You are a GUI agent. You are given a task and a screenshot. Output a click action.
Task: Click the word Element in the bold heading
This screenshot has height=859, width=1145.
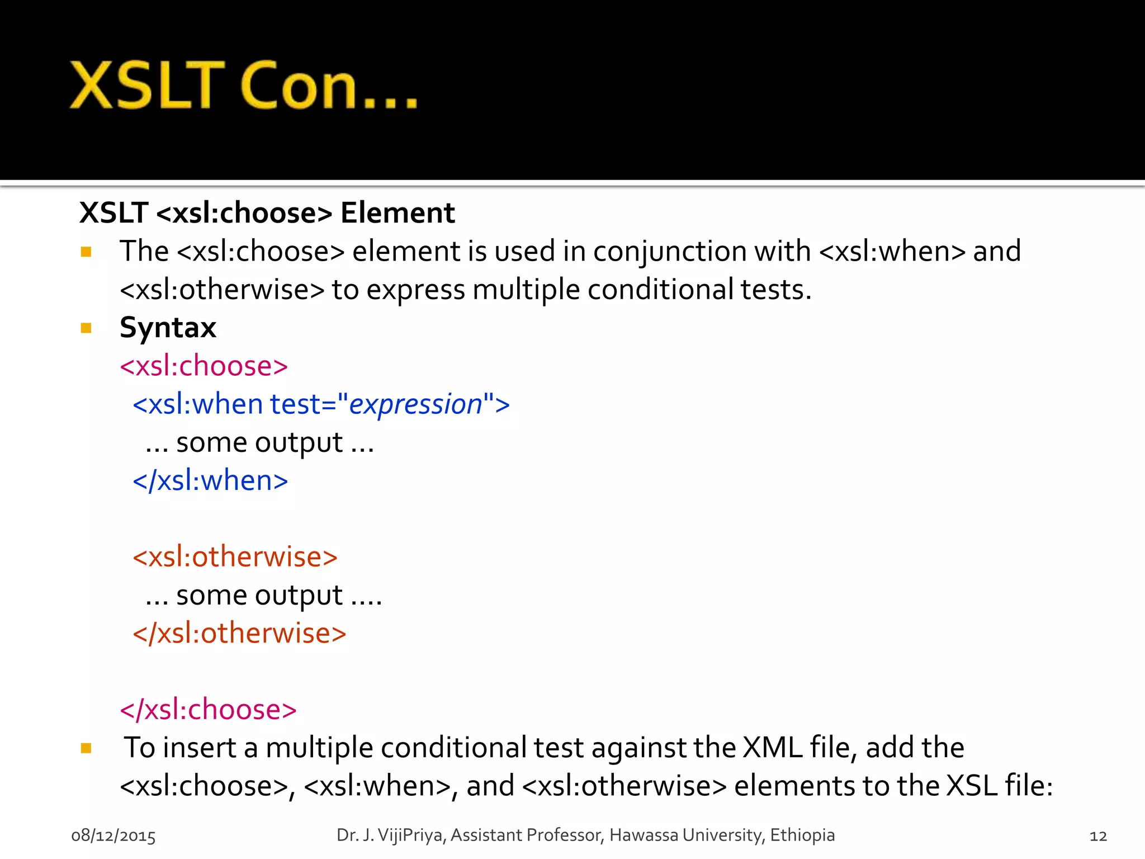pos(398,213)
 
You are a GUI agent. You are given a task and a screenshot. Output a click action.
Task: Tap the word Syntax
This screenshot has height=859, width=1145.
pos(168,328)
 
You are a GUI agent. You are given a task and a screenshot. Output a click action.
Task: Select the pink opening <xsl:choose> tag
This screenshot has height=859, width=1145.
pos(204,366)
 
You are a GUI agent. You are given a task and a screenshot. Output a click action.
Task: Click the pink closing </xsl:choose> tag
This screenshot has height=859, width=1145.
pos(208,710)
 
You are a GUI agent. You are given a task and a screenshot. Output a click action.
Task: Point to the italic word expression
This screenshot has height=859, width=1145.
pos(415,404)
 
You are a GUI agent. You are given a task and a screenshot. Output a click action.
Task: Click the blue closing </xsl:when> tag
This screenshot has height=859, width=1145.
pos(210,481)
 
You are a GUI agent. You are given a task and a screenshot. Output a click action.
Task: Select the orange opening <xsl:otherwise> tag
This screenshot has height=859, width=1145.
pos(235,557)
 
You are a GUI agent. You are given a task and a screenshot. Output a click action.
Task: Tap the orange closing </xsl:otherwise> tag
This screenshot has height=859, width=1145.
pos(239,634)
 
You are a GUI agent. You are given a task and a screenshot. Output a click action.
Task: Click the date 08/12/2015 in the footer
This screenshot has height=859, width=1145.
pos(113,836)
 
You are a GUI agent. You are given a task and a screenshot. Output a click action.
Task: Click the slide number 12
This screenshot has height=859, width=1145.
pos(1098,836)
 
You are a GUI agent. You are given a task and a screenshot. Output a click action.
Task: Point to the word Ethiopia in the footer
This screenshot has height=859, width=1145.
pos(802,835)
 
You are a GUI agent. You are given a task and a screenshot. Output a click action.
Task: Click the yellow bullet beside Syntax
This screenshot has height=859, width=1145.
pos(86,328)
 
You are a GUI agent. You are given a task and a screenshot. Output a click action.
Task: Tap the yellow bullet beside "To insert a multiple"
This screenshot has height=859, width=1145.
pos(86,748)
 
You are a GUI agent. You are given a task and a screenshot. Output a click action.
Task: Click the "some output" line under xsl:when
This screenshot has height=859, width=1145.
pos(259,443)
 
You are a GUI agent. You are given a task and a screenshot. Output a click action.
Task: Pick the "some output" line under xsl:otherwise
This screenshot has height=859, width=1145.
pos(263,596)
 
